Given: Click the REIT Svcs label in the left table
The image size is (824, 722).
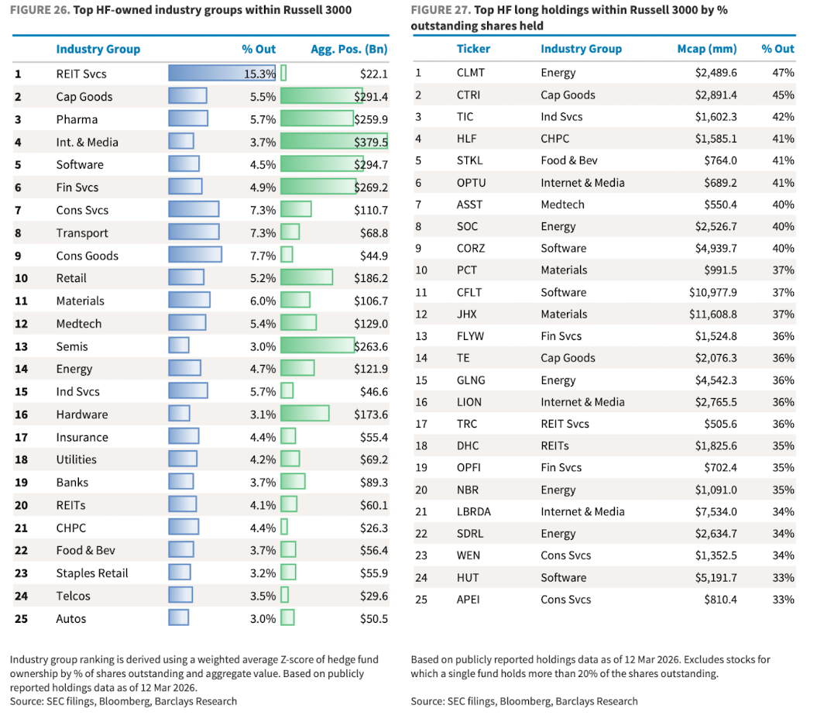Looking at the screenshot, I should click(81, 74).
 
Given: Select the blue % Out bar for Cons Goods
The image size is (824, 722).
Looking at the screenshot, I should click(195, 256).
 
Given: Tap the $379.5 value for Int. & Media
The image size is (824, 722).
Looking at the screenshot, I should click(371, 142).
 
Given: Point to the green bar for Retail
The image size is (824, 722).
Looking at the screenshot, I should click(307, 278).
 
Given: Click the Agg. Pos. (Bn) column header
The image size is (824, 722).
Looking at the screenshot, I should click(348, 49).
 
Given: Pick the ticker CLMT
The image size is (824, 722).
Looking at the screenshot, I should click(472, 73).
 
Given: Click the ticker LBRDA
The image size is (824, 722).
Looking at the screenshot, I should click(474, 511).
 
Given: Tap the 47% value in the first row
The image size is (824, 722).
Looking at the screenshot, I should click(783, 73).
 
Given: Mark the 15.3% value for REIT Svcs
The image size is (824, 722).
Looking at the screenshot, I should click(260, 74).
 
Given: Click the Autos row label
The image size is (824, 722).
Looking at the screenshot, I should click(71, 619).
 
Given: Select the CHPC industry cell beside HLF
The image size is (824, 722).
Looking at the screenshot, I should click(555, 139).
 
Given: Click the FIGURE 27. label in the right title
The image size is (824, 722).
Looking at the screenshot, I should click(438, 10).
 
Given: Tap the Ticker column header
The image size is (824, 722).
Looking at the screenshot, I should click(473, 48).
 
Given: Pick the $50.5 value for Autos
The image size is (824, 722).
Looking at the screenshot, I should click(374, 619).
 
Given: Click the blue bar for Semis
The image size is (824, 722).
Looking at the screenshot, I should click(179, 346).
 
